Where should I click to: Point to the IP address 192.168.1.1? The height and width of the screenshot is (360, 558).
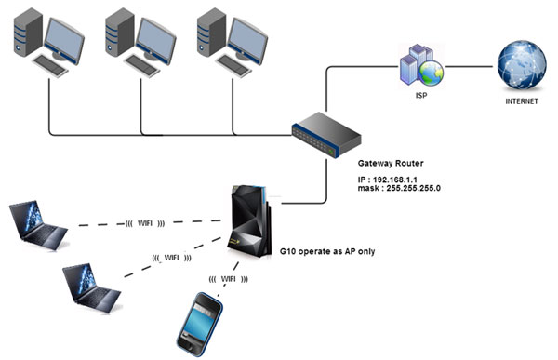pyautogui.click(x=393, y=180)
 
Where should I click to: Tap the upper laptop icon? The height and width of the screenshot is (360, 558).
pyautogui.click(x=40, y=226)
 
